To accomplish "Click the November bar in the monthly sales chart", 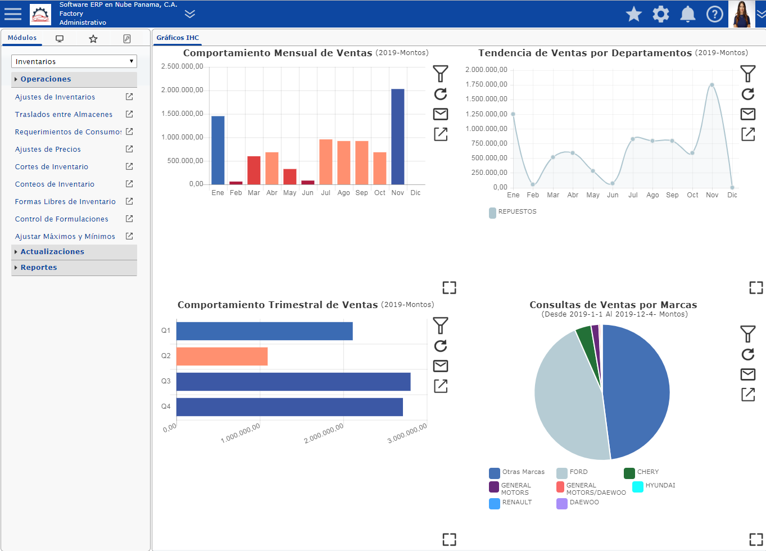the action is point(398,137).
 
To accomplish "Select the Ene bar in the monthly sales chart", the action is point(218,150).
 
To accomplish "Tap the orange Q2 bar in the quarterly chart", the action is point(222,356).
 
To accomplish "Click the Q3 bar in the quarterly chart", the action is point(293,382).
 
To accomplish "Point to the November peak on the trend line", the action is point(711,85).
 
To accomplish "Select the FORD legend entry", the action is point(572,472).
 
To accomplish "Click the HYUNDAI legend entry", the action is point(654,486).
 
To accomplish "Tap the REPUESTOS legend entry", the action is point(513,212).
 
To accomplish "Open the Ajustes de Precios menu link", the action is point(48,149).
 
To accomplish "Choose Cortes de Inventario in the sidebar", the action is point(52,166).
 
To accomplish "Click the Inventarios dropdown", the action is point(74,61).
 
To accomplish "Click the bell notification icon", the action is point(688,15).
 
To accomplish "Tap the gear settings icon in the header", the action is point(661,15).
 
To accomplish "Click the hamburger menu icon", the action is point(13,14).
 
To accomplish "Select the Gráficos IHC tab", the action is point(178,38).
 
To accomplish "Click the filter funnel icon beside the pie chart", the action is point(748,333).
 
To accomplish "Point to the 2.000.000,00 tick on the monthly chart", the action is point(182,90).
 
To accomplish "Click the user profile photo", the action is point(741,14).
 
